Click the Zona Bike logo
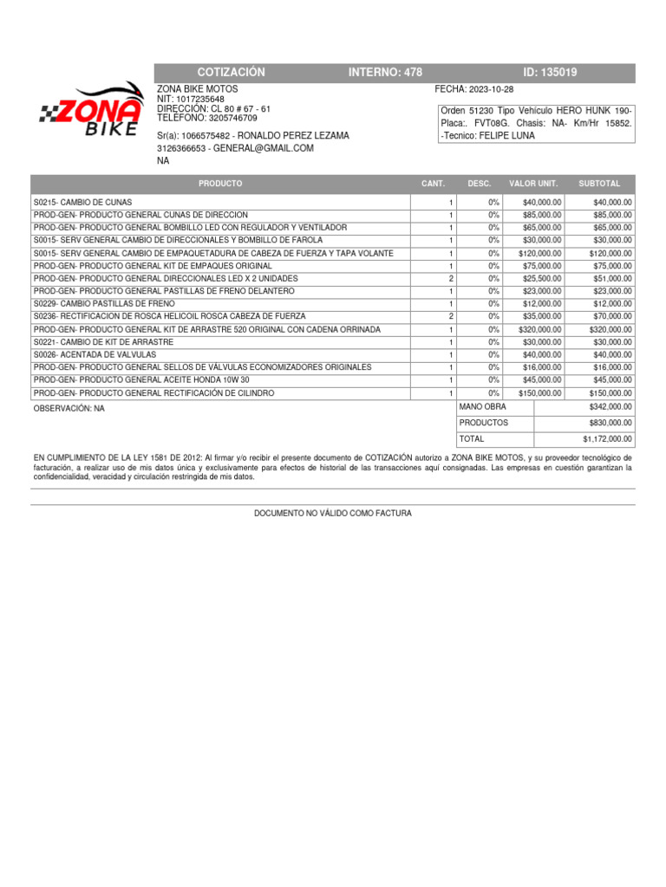click(x=90, y=110)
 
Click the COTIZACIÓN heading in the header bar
click(x=231, y=73)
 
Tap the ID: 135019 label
click(x=550, y=73)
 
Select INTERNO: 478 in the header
click(x=385, y=73)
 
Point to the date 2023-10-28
click(x=490, y=89)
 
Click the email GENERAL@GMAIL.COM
click(x=263, y=148)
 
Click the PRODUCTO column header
click(x=220, y=184)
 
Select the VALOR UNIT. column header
click(x=533, y=184)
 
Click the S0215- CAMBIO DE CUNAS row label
click(x=83, y=202)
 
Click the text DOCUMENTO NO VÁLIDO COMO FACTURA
click(x=333, y=514)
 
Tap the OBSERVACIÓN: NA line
click(x=69, y=408)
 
